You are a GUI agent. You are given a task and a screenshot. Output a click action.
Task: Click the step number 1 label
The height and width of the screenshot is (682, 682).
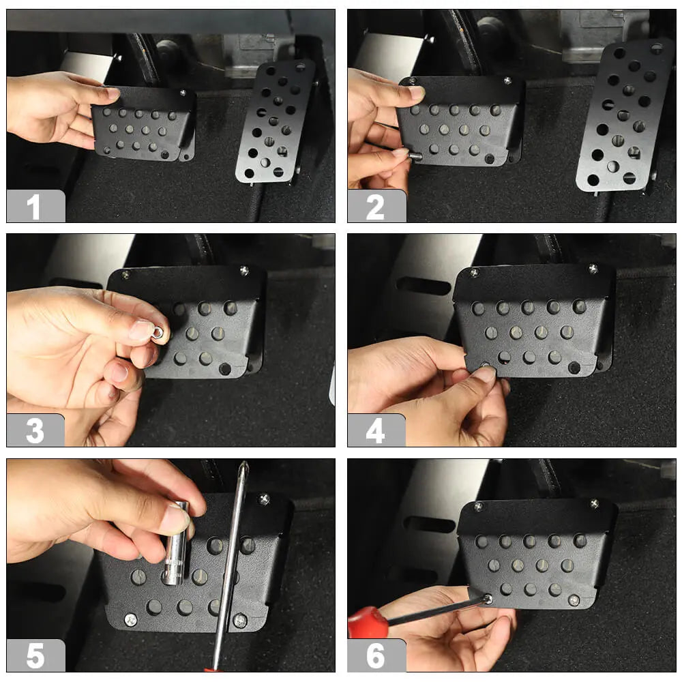34,207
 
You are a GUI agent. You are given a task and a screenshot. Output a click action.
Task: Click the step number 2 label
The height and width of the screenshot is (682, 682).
375,207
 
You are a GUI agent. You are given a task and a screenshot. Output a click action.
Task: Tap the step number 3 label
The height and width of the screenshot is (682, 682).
35,430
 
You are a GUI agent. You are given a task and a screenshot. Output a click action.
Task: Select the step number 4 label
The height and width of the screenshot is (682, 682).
375,430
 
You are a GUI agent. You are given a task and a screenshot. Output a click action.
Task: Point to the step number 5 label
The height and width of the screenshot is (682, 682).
35,655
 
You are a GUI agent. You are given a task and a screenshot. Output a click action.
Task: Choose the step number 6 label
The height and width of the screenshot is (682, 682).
375,655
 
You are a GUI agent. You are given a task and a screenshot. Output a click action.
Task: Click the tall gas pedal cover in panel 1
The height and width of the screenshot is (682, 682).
275,122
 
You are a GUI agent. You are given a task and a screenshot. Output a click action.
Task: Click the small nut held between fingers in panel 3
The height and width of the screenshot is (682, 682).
158,333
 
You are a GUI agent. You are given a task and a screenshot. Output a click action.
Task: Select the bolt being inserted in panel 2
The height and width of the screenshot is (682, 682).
415,154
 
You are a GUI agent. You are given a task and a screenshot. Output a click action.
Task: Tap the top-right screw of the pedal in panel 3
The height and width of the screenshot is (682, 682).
244,271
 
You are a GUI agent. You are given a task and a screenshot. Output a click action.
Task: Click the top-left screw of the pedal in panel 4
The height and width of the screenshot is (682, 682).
475,273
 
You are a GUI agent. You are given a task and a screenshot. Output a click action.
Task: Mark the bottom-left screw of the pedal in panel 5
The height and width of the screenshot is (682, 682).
130,619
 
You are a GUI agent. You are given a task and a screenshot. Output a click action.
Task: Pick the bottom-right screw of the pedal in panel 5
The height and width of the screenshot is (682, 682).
240,621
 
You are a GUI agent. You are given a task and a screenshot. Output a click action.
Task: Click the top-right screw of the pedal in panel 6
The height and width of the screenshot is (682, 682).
594,504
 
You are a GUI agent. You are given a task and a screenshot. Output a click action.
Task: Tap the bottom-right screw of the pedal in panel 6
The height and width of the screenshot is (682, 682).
574,601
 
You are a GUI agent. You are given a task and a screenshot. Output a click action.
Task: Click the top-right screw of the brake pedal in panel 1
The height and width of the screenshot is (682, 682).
183,93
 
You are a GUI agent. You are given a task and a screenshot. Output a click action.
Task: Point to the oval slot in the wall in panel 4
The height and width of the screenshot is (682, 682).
424,286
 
